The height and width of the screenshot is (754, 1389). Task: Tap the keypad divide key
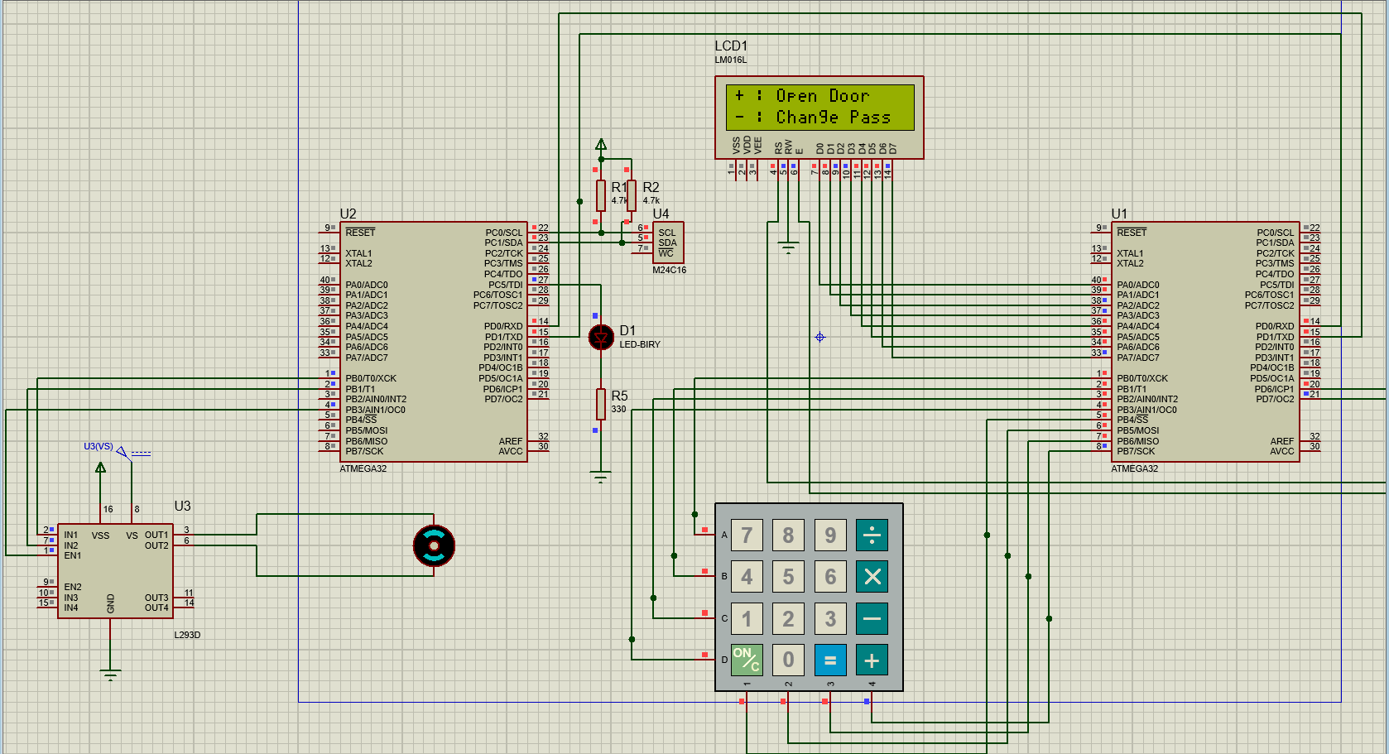point(872,535)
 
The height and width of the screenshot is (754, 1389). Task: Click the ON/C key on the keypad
point(746,660)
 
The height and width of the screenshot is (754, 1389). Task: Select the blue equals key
point(830,660)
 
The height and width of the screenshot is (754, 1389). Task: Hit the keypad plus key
point(872,660)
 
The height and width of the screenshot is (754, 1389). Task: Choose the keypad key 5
point(788,577)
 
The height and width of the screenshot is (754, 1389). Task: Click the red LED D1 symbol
point(601,337)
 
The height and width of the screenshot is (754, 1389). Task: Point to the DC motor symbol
point(434,545)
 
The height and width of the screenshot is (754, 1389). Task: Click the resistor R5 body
point(601,404)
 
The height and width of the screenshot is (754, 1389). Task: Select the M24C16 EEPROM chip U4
point(668,243)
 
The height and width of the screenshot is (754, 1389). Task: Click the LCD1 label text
point(731,46)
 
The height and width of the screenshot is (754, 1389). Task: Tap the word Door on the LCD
point(849,96)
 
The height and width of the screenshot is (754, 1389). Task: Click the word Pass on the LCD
point(870,118)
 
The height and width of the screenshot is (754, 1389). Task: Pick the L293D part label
point(187,635)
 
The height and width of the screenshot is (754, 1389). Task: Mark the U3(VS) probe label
point(99,446)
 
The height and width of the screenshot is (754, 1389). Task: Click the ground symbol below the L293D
point(110,675)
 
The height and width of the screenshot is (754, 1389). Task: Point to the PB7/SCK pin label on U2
point(365,451)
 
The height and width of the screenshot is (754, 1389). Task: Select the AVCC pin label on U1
point(1281,451)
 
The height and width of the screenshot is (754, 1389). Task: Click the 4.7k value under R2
point(651,200)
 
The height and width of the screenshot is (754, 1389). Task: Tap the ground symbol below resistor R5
point(601,477)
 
